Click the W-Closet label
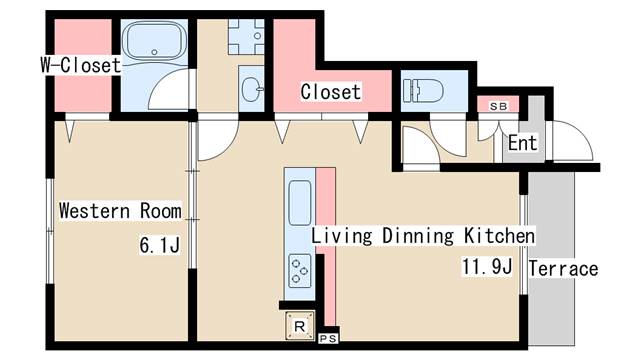tap(81, 65)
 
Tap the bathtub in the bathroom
tap(154, 40)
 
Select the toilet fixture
tap(423, 90)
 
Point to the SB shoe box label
tap(498, 107)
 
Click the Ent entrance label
tap(522, 143)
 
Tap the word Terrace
tap(563, 269)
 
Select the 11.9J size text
tap(487, 267)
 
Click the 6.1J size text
tap(160, 245)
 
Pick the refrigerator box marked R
tap(300, 326)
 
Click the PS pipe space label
tap(328, 339)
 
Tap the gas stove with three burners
tap(300, 271)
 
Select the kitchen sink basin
tap(300, 203)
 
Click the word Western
tap(95, 211)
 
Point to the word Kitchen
tap(499, 236)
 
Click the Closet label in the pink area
tap(331, 91)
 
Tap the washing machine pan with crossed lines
tap(246, 37)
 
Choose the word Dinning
tap(418, 236)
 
